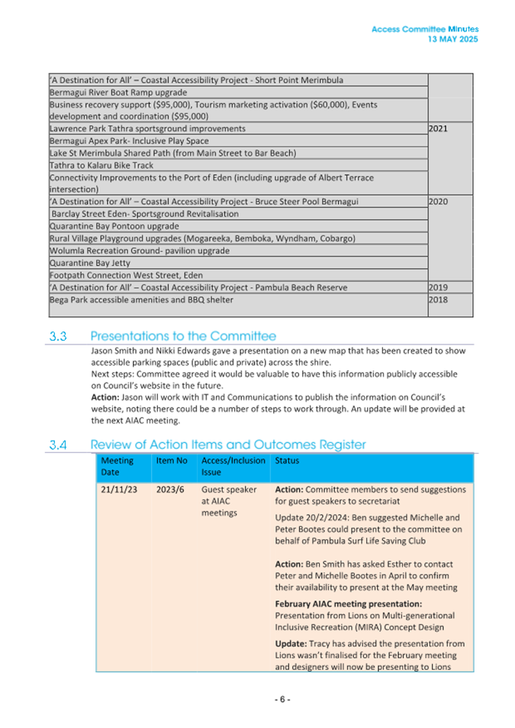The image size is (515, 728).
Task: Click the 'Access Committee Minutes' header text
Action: [425, 29]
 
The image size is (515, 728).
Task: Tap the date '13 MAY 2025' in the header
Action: [452, 39]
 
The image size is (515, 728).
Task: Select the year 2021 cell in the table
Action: [438, 129]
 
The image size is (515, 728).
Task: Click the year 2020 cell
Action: [438, 202]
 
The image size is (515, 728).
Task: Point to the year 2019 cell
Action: [438, 287]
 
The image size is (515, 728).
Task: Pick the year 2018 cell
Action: [438, 299]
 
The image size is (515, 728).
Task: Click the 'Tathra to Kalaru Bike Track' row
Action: [101, 165]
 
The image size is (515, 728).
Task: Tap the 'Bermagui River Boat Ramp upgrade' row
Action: [117, 92]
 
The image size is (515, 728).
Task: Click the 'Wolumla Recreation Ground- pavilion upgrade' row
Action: [139, 251]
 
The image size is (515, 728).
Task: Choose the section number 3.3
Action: [59, 336]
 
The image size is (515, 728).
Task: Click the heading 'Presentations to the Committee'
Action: [183, 336]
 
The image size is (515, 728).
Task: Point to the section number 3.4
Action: [59, 445]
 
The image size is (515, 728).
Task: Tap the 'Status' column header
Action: [287, 461]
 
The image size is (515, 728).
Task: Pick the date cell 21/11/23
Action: [119, 490]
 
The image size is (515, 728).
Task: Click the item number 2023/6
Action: [170, 490]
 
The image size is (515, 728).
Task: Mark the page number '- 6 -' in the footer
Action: [282, 700]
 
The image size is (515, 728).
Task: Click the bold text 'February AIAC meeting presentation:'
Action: [348, 603]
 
